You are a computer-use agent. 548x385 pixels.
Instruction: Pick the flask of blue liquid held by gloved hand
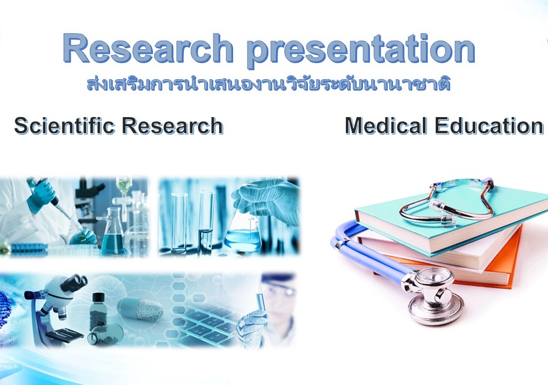point(243,235)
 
